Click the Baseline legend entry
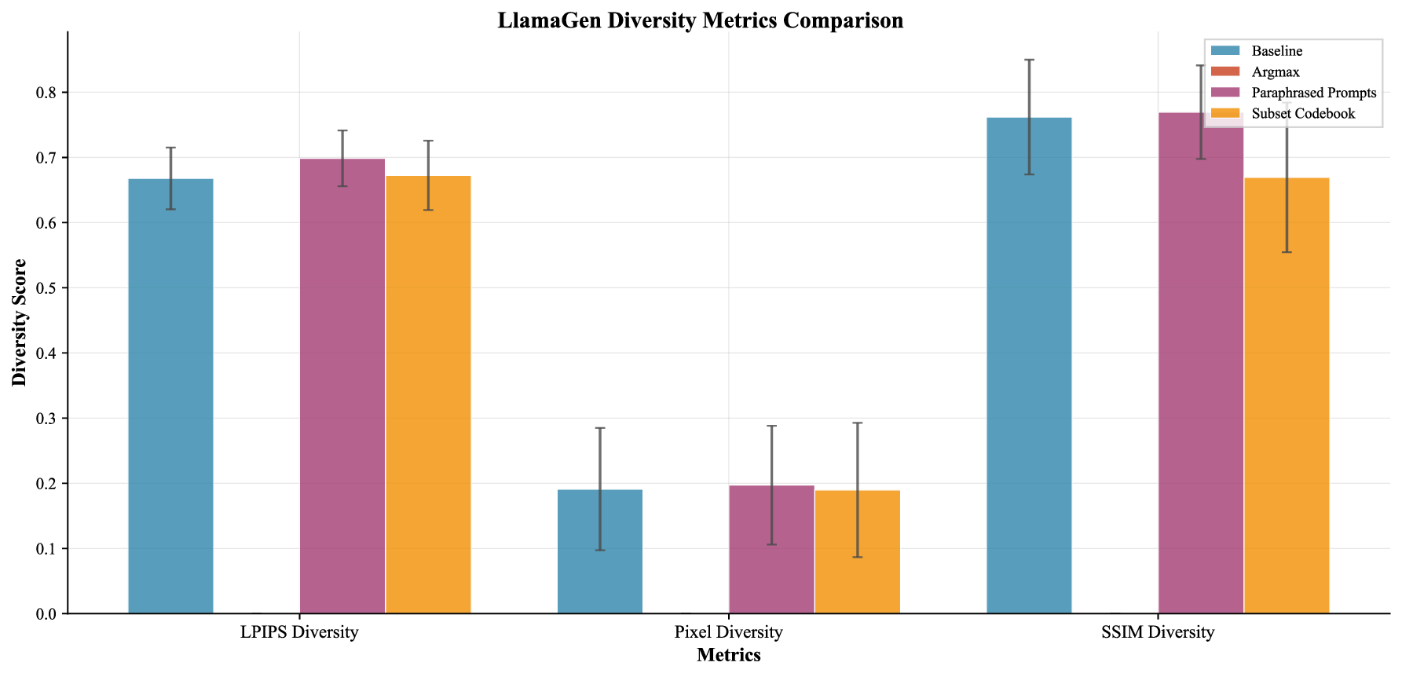[x=1276, y=51]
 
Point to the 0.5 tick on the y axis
[x=47, y=288]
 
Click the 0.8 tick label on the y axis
[x=47, y=93]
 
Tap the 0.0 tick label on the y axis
[x=47, y=614]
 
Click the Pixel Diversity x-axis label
[x=728, y=632]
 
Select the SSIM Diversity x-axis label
[x=1158, y=632]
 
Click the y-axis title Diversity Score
[x=20, y=323]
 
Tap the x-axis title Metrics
[x=728, y=655]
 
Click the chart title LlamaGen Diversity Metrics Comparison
[x=700, y=20]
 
